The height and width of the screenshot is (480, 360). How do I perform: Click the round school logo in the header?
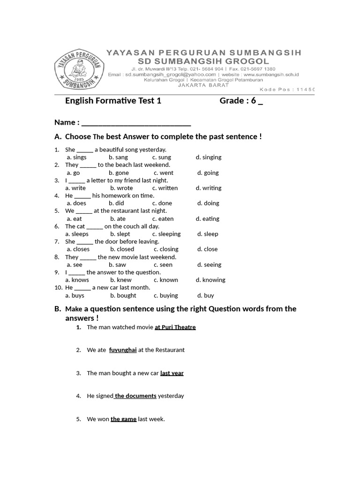click(78, 70)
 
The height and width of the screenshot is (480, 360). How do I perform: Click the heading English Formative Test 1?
click(113, 101)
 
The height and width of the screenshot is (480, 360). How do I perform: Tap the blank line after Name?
click(136, 123)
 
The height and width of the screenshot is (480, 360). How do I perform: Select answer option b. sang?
click(118, 157)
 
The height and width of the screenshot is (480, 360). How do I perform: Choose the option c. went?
click(163, 172)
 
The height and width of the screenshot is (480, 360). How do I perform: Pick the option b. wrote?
click(121, 188)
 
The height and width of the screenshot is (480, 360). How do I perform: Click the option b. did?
click(116, 203)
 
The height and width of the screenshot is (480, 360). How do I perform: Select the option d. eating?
click(208, 218)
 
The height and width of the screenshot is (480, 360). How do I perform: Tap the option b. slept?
click(120, 234)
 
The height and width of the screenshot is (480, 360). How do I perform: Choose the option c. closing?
click(166, 249)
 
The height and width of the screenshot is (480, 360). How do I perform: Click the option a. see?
click(74, 264)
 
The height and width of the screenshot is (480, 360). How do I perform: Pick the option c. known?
click(165, 280)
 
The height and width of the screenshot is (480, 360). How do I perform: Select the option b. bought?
click(123, 295)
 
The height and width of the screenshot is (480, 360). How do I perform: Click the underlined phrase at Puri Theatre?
click(175, 327)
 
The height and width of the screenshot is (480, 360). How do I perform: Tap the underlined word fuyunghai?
click(123, 350)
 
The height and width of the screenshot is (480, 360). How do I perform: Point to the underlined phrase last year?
click(172, 373)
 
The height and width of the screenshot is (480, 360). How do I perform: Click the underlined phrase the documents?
click(135, 396)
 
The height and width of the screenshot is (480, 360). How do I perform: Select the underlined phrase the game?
click(124, 419)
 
